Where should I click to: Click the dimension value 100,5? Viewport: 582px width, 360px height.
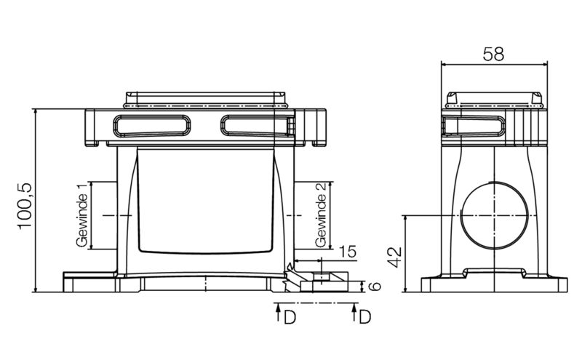coord(24,206)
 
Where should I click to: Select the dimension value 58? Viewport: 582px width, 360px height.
coord(494,54)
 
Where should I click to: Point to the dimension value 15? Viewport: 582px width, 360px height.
coord(347,252)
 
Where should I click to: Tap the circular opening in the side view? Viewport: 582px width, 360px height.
coord(494,215)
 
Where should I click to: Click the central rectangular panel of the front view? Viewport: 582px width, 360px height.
coord(206,200)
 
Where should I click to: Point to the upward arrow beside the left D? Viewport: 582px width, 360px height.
coord(279,314)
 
